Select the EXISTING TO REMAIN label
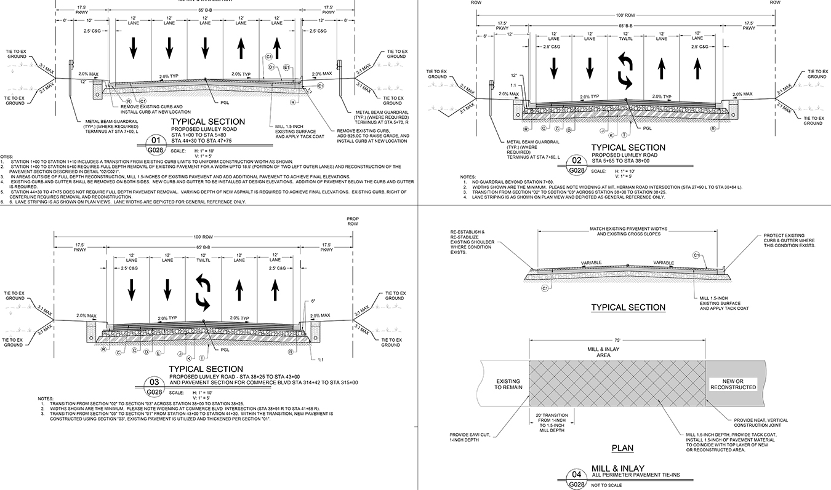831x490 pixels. [x=508, y=384]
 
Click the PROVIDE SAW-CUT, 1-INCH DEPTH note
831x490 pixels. [x=472, y=437]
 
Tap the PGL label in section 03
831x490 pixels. [x=225, y=350]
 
